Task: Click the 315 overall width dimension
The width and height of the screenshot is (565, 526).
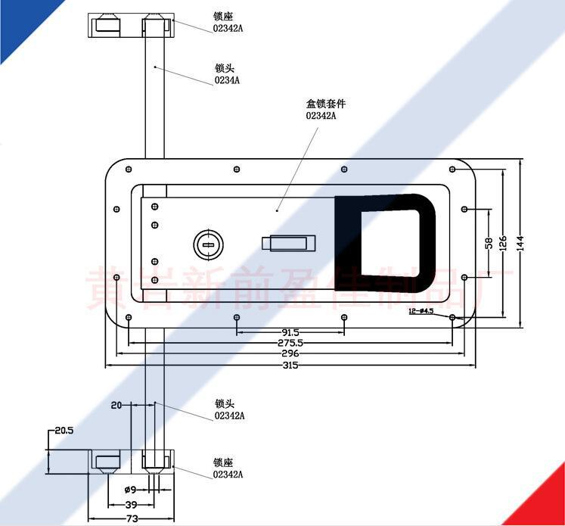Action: [290, 366]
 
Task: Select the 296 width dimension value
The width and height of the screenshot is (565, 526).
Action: [290, 353]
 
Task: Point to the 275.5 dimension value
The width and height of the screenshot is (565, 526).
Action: [290, 343]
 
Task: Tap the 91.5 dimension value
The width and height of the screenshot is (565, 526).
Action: [290, 332]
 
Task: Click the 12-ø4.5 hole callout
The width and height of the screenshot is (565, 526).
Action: [421, 311]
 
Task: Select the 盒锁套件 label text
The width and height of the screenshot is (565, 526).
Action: [319, 104]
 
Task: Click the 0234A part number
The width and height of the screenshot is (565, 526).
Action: [227, 79]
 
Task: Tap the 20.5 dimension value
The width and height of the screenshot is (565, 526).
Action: [64, 431]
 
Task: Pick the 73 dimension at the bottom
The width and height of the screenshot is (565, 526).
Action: [132, 518]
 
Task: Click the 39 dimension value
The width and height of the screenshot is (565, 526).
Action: [131, 504]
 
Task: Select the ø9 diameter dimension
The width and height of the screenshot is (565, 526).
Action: [129, 490]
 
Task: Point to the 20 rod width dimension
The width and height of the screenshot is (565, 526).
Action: [116, 405]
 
